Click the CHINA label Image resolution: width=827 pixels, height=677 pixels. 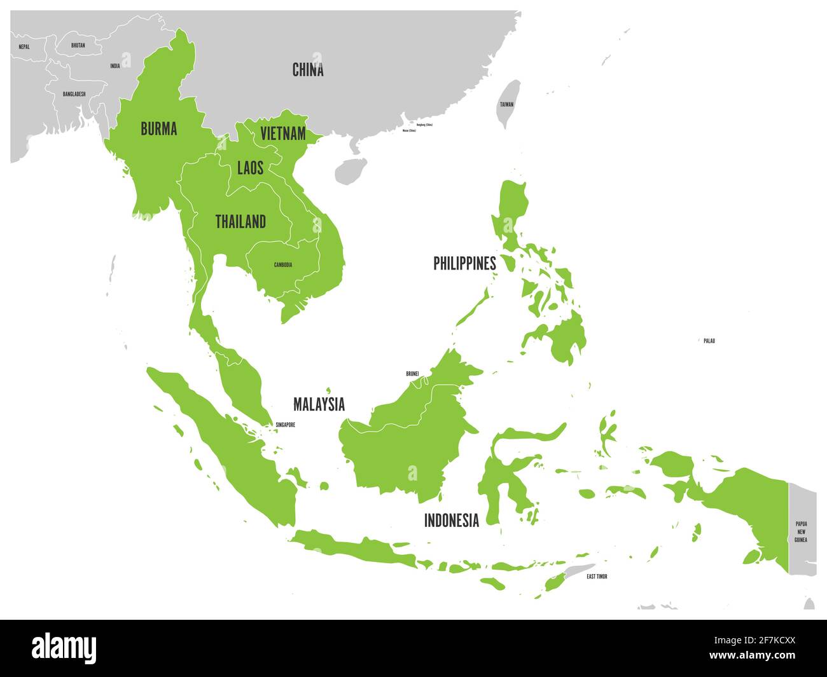pyautogui.click(x=308, y=70)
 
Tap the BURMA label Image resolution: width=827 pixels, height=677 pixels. pyautogui.click(x=158, y=129)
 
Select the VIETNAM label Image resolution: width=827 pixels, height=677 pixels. pyautogui.click(x=283, y=134)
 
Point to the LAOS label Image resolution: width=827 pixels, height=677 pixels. pyautogui.click(x=250, y=168)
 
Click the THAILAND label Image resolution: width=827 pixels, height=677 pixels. pyautogui.click(x=240, y=222)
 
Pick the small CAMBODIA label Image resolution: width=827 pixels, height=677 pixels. pyautogui.click(x=283, y=265)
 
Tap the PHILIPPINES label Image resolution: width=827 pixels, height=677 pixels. pyautogui.click(x=464, y=263)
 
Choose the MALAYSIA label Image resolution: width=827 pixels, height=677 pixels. pyautogui.click(x=319, y=404)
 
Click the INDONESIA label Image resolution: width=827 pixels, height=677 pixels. pyautogui.click(x=452, y=521)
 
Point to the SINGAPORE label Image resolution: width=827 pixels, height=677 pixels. pyautogui.click(x=285, y=425)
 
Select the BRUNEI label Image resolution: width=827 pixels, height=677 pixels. pyautogui.click(x=412, y=374)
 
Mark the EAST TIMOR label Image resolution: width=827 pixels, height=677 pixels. pyautogui.click(x=597, y=577)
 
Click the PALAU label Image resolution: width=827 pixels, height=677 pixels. pyautogui.click(x=709, y=341)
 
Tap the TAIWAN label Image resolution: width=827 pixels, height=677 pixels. pyautogui.click(x=506, y=104)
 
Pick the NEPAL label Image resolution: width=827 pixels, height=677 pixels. pyautogui.click(x=24, y=47)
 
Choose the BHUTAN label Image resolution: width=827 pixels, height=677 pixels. pyautogui.click(x=78, y=46)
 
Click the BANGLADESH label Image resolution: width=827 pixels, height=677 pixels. pyautogui.click(x=74, y=94)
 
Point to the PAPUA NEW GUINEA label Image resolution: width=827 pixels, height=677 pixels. pyautogui.click(x=800, y=531)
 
